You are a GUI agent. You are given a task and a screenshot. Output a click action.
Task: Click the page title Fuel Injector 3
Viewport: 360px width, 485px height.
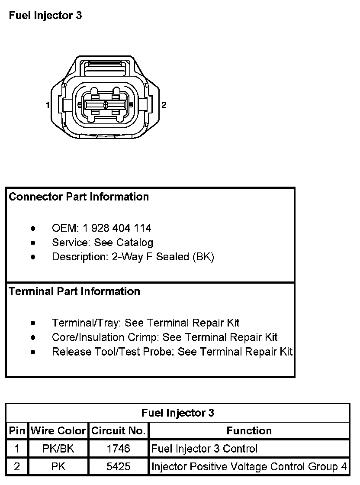click(x=45, y=16)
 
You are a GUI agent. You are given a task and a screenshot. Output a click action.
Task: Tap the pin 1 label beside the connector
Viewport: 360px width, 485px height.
click(x=47, y=105)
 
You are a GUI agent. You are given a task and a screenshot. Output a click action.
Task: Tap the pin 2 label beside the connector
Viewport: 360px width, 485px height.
click(x=164, y=105)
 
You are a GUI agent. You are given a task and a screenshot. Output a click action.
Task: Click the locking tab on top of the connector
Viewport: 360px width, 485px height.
click(x=106, y=69)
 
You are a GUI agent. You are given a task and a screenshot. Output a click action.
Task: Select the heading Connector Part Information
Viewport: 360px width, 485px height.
click(x=79, y=197)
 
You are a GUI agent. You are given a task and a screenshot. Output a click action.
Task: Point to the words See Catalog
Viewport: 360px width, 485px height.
click(x=123, y=242)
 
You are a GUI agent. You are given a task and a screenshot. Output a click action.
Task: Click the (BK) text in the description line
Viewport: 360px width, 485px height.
click(x=203, y=256)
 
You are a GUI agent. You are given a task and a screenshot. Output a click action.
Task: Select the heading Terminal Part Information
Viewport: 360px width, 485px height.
click(x=74, y=291)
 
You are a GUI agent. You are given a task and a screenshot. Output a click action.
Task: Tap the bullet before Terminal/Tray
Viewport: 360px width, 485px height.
click(x=33, y=323)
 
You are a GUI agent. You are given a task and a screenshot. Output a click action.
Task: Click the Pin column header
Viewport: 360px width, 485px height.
click(x=17, y=431)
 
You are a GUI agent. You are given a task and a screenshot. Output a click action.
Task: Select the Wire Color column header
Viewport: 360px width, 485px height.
click(x=58, y=431)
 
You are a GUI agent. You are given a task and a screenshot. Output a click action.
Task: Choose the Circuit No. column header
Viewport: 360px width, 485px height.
click(x=118, y=431)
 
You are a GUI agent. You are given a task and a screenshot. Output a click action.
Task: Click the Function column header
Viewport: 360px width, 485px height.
click(x=249, y=431)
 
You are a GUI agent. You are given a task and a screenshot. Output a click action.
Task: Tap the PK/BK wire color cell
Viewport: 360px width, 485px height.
click(x=58, y=449)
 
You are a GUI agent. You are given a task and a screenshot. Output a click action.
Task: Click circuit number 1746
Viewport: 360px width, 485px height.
click(x=118, y=449)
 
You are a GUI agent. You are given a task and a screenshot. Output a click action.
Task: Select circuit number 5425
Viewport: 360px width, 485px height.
click(x=118, y=467)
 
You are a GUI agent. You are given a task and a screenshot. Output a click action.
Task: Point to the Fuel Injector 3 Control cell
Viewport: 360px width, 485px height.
click(x=204, y=449)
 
